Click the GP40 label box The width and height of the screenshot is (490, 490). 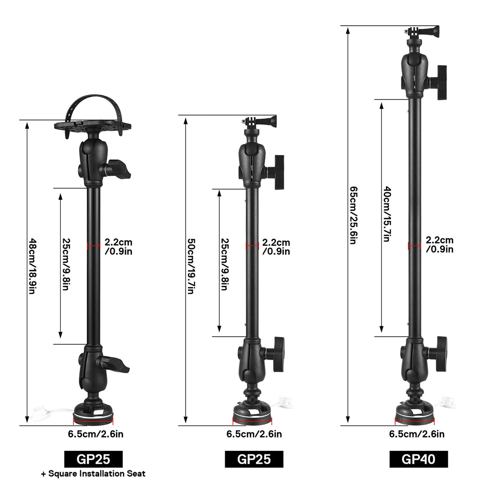coord(419,459)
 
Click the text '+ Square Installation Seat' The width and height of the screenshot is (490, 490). coord(93,474)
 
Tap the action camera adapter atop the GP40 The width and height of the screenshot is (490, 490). coord(423,31)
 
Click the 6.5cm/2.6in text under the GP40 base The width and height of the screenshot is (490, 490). coord(416,434)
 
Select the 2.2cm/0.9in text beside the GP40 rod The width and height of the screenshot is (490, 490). coord(439,245)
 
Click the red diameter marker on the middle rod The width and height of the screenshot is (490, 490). coord(252,245)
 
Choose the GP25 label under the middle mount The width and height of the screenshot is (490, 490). coord(254,459)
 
